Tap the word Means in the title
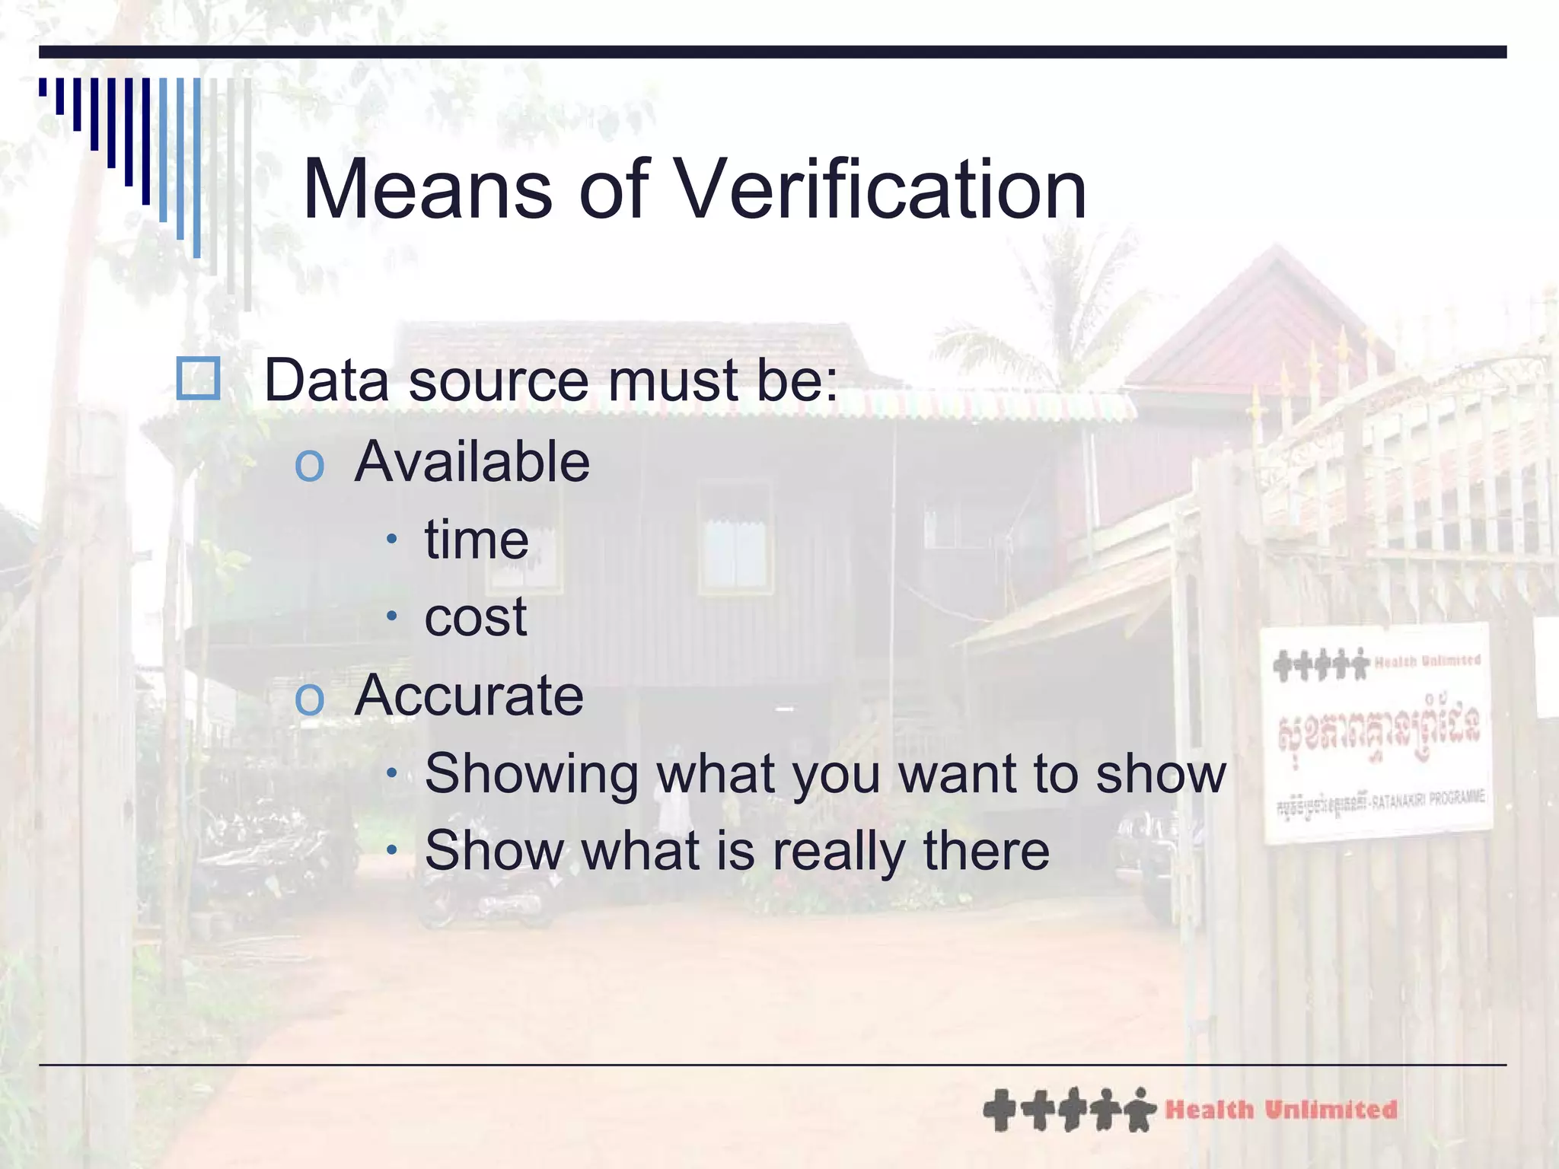click(427, 190)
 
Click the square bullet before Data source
click(198, 378)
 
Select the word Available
click(472, 462)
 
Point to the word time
click(477, 540)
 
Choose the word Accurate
click(469, 695)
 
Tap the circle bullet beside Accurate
click(309, 698)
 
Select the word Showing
click(531, 773)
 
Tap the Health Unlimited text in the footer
click(1281, 1110)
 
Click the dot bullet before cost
click(391, 616)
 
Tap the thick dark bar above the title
click(773, 52)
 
